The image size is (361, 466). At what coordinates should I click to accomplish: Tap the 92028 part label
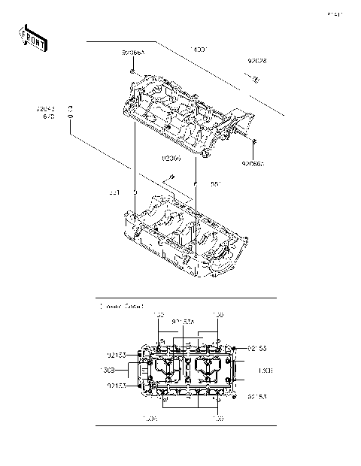pos(257,61)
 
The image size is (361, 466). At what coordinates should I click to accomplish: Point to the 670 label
pos(48,117)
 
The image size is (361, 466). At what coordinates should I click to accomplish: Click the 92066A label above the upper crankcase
pos(134,53)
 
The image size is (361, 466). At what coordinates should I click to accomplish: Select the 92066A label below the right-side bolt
pos(254,162)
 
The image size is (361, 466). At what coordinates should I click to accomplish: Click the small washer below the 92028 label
pos(256,80)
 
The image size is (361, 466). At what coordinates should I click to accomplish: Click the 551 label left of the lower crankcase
pos(114,192)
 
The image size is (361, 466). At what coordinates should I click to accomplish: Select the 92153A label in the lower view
pos(183,321)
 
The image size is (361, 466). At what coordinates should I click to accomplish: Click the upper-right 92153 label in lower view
pos(259,348)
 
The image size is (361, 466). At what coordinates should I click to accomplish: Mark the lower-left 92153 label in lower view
pos(116,386)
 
